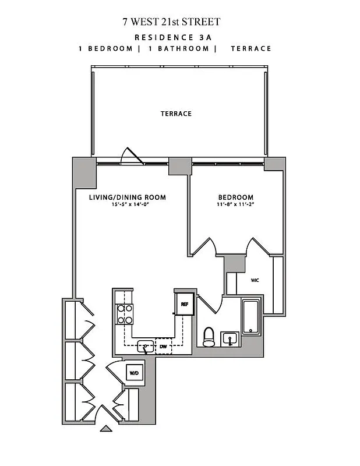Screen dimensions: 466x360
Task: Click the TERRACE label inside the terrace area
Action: coord(176,114)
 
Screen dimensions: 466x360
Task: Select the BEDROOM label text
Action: coord(235,197)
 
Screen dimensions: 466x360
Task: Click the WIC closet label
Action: coord(255,280)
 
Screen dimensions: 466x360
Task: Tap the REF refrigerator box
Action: coord(184,303)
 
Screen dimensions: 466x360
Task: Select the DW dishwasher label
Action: coord(163,347)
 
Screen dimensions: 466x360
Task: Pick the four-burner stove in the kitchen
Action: coord(125,314)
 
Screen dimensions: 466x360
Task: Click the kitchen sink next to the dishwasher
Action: coord(144,347)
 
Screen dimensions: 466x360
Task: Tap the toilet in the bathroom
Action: coord(208,337)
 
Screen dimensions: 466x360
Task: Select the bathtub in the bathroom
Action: coord(251,317)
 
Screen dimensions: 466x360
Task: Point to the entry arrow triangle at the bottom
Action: coord(106,429)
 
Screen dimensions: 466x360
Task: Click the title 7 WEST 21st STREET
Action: coord(171,22)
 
